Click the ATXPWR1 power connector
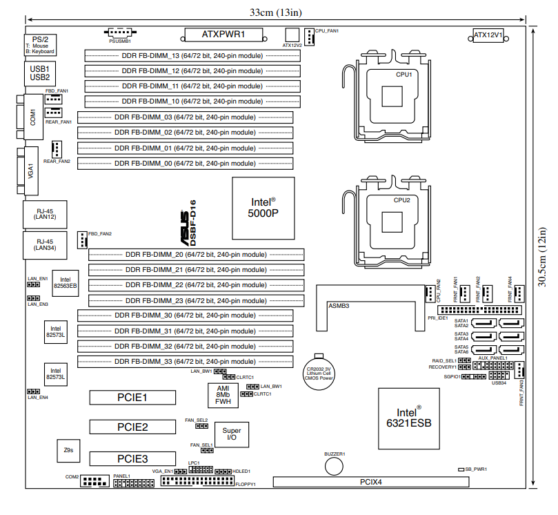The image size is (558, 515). coord(224,34)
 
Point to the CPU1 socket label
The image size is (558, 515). coord(403,75)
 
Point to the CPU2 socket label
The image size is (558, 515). coord(402,200)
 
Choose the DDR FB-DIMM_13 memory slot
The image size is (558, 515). coord(192,55)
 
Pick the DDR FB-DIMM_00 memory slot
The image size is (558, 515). coord(184,163)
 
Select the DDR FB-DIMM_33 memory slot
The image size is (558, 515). coord(184,361)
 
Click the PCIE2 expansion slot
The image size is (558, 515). coord(132,427)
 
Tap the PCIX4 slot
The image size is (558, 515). coord(371,481)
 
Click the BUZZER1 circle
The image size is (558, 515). coord(335,466)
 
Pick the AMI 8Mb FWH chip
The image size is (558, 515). coord(223,395)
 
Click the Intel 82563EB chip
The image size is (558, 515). coord(65,283)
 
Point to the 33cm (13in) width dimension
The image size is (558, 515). coord(275,12)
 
